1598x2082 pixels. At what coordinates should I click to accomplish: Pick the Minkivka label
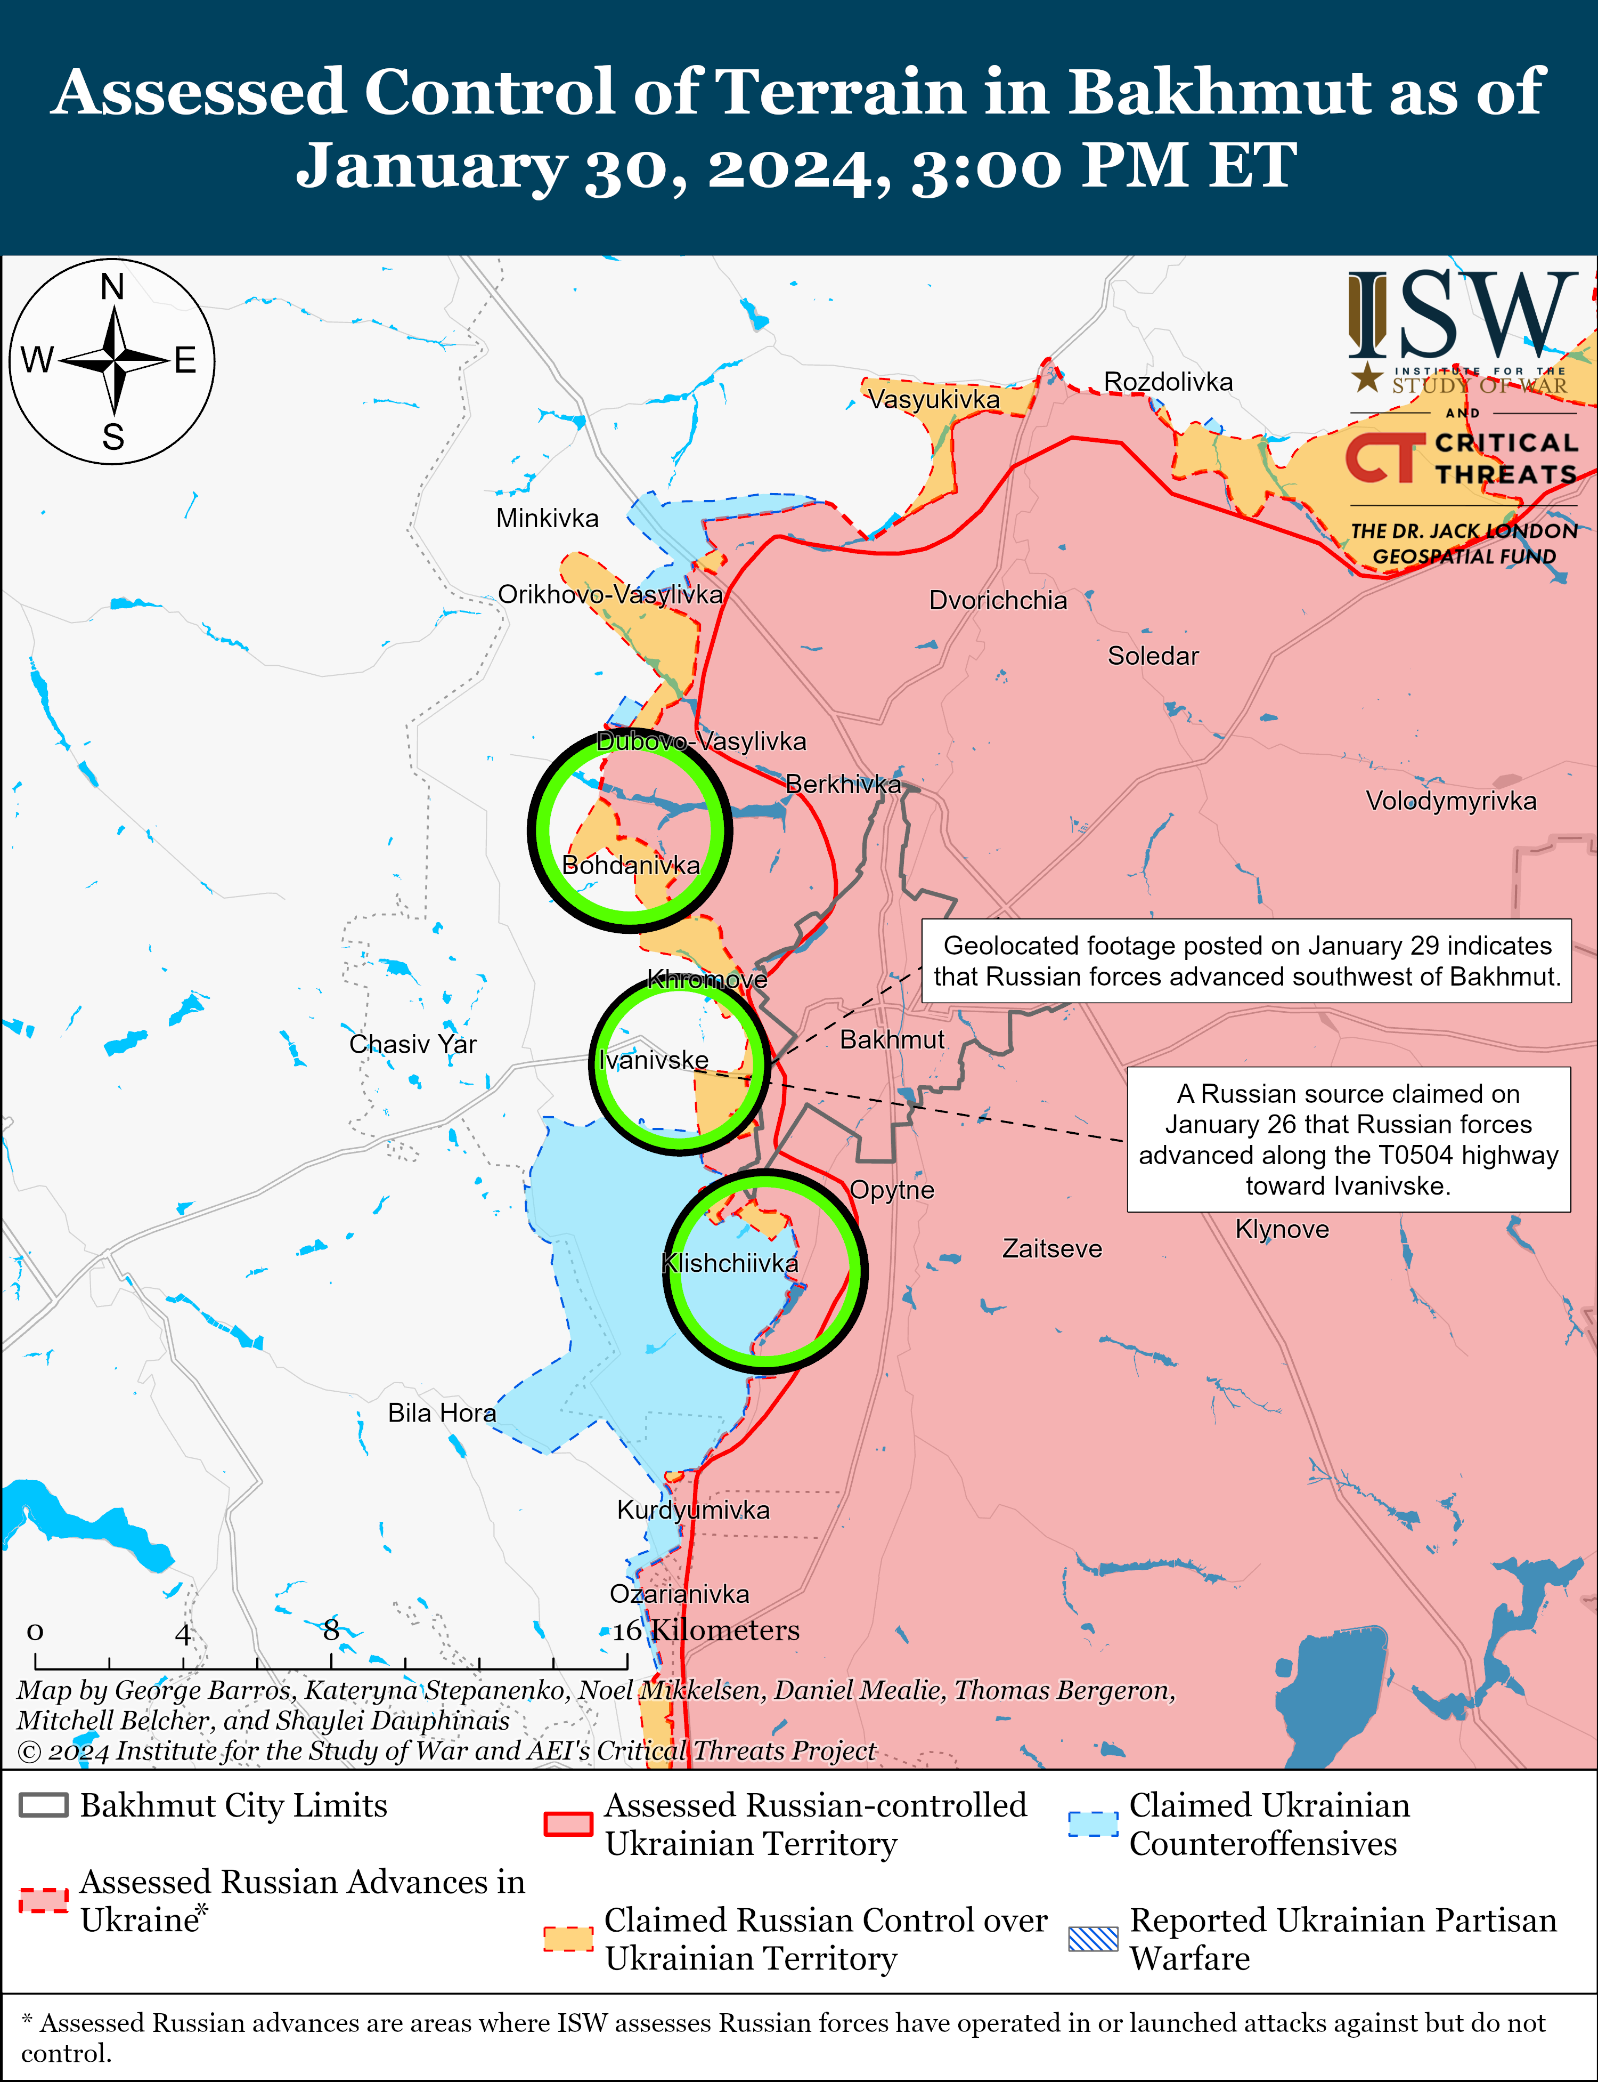[x=547, y=519]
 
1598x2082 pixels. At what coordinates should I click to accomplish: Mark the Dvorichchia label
[x=998, y=600]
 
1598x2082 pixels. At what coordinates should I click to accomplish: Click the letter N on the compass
[x=112, y=286]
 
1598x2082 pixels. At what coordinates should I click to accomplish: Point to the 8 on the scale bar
[x=331, y=1630]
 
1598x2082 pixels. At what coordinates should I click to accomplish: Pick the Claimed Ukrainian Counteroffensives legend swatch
[x=1093, y=1823]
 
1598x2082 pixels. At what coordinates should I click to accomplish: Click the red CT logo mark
[x=1384, y=458]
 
